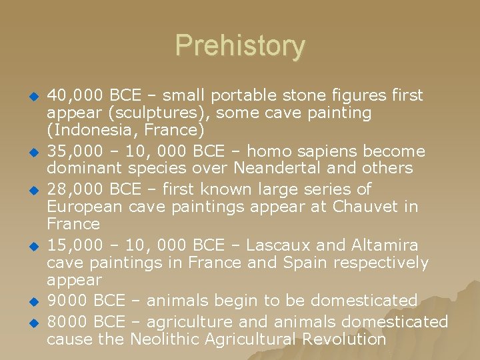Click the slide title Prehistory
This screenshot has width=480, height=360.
(x=240, y=46)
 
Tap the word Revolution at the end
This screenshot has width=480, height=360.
(x=343, y=339)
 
